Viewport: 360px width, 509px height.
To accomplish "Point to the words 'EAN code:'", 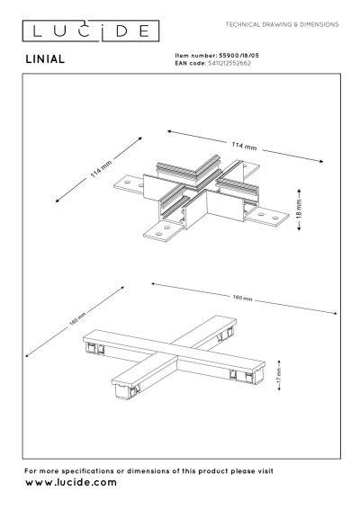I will (190, 62).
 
